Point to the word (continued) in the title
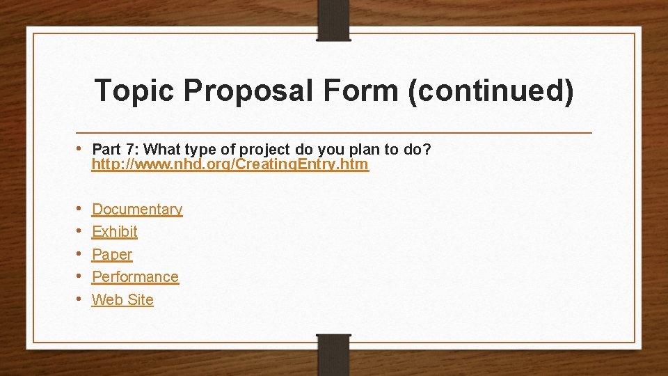pos(491,91)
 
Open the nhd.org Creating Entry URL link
pos(230,165)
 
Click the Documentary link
pos(137,210)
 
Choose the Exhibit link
pos(115,232)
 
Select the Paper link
pos(112,255)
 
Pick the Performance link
pos(135,277)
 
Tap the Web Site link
pos(122,300)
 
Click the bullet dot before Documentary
pos(81,208)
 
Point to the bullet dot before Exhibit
pos(81,230)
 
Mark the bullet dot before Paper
pos(81,253)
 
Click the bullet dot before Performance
pos(81,276)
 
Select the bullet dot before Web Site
pos(81,299)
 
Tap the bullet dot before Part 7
pos(81,148)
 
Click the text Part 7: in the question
pos(116,150)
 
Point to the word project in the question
pos(265,150)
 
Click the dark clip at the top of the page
pos(333,19)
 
